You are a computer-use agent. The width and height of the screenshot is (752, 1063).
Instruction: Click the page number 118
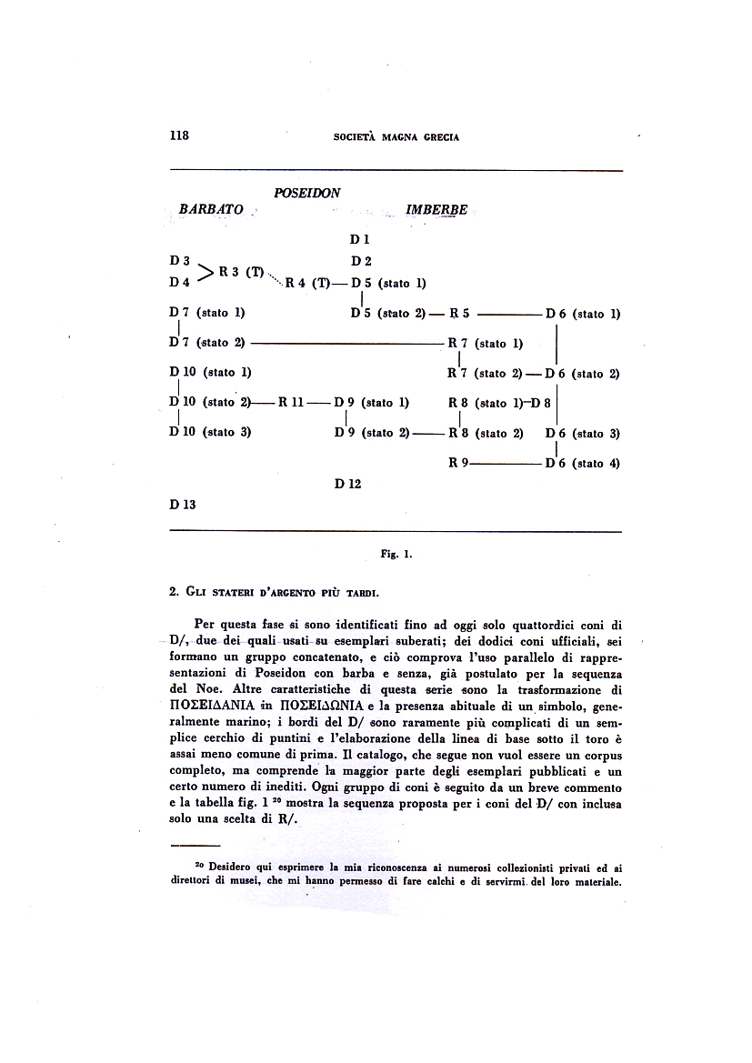click(178, 135)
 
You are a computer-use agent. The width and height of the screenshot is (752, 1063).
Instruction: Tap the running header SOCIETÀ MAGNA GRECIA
click(396, 137)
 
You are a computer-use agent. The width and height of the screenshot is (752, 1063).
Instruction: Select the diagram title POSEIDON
click(307, 193)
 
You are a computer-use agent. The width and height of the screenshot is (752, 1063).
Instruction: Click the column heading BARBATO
click(211, 209)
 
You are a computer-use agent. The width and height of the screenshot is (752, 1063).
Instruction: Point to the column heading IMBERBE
click(436, 210)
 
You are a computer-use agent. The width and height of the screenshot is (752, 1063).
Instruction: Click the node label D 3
click(179, 261)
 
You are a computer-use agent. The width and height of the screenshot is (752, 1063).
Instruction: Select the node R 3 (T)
click(241, 271)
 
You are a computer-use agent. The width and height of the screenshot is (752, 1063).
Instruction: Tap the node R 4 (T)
click(306, 282)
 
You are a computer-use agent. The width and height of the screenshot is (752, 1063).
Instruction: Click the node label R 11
click(291, 402)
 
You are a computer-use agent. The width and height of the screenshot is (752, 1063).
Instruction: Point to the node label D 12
click(347, 484)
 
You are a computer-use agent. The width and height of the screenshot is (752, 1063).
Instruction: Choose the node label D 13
click(183, 503)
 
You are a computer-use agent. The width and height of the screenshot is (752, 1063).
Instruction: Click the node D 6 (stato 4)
click(583, 463)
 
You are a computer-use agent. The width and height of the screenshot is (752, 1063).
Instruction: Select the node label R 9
click(458, 463)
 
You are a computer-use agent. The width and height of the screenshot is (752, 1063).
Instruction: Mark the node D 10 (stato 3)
click(210, 432)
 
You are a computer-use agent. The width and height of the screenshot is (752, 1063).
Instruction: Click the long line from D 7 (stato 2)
click(346, 343)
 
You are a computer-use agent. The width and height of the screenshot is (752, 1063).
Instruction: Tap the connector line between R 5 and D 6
click(508, 314)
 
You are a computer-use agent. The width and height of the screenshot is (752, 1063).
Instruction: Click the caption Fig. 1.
click(396, 552)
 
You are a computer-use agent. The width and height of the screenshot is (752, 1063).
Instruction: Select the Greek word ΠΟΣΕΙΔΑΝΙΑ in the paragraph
click(215, 706)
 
